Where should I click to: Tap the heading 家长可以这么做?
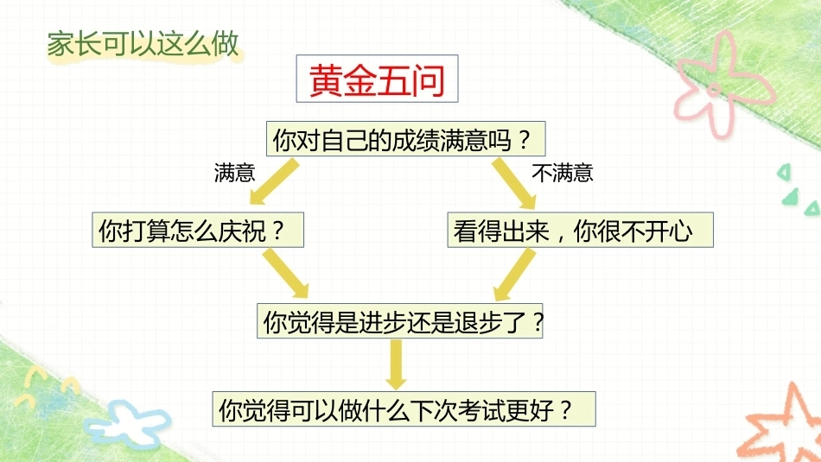143,44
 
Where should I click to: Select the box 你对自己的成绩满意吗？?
406,139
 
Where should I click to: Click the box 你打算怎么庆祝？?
198,230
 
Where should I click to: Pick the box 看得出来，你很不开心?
580,230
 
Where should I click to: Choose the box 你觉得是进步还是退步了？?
399,320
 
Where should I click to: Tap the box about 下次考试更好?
404,408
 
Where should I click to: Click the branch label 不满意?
563,173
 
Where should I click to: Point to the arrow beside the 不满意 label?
514,184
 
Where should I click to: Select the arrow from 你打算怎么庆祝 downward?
286,273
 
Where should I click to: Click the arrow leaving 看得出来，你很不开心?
515,274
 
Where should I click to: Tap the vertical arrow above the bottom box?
396,364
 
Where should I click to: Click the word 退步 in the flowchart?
479,322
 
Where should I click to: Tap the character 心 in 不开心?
681,231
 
